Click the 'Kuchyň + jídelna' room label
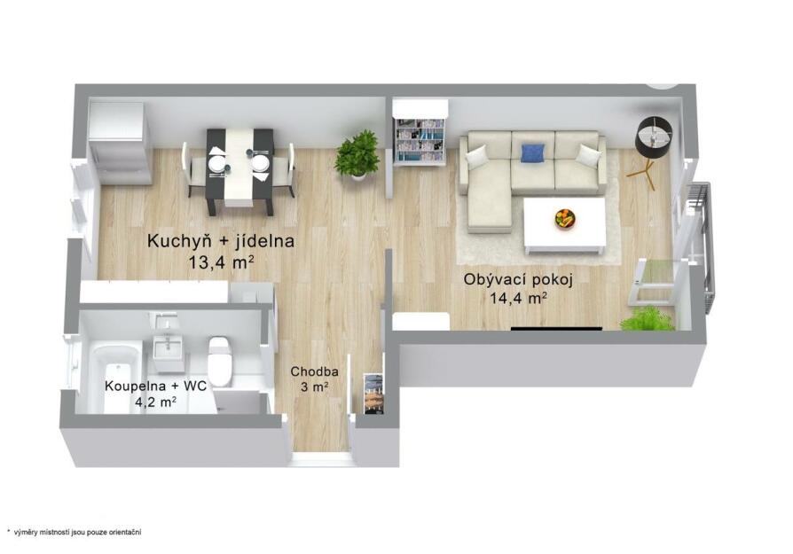tap(221, 241)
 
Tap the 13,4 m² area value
tap(221, 263)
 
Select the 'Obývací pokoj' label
tap(518, 279)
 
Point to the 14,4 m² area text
tap(518, 299)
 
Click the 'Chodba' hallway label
tap(314, 372)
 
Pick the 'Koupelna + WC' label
tap(155, 386)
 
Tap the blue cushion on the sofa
tap(532, 153)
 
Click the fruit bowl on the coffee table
tap(565, 219)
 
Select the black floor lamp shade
tap(654, 136)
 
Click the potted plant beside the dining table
tap(357, 153)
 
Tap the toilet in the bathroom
tap(220, 361)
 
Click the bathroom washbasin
tap(167, 347)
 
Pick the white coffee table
tap(565, 225)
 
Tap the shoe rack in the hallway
tap(373, 394)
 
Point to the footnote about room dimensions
tap(75, 532)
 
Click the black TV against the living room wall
tap(556, 329)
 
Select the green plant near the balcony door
tap(647, 318)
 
